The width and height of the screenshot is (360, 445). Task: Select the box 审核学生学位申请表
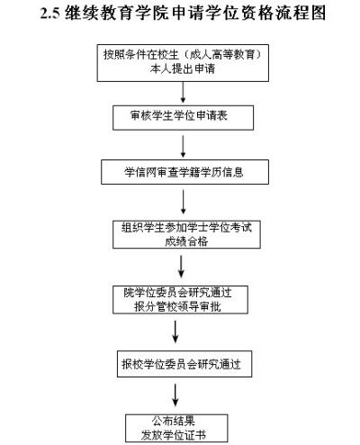(184, 117)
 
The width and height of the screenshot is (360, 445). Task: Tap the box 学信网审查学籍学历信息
(184, 171)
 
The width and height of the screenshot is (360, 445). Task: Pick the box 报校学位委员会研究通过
(184, 365)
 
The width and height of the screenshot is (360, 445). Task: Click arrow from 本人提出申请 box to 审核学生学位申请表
(184, 91)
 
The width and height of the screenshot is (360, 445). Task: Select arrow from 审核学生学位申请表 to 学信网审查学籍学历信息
(184, 144)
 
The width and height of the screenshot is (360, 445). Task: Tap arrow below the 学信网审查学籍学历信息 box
(184, 199)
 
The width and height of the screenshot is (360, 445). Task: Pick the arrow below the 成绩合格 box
(184, 265)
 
